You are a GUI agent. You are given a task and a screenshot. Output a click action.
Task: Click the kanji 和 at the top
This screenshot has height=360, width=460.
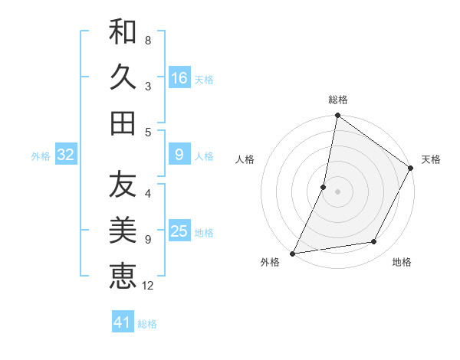pyautogui.click(x=123, y=33)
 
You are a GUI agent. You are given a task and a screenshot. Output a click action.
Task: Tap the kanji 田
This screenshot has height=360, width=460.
pyautogui.click(x=123, y=123)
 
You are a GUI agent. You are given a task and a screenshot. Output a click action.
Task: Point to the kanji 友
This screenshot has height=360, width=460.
pyautogui.click(x=123, y=185)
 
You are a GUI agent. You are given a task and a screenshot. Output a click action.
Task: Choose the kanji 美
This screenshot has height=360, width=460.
pyautogui.click(x=123, y=231)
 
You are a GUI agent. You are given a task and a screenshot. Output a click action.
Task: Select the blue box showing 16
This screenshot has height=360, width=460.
pyautogui.click(x=179, y=78)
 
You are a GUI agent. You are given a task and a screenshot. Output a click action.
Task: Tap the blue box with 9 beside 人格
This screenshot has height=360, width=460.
pyautogui.click(x=179, y=155)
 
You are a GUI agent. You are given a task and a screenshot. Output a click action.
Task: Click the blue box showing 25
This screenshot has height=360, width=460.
pyautogui.click(x=179, y=232)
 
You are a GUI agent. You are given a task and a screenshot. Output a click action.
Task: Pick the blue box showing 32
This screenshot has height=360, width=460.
pyautogui.click(x=66, y=155)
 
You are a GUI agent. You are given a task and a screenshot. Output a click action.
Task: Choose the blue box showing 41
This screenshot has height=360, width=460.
pyautogui.click(x=123, y=322)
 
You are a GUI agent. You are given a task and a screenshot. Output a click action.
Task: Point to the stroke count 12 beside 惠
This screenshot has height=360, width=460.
pyautogui.click(x=148, y=286)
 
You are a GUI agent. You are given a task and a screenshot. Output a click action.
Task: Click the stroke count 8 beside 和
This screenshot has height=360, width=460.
pyautogui.click(x=147, y=41)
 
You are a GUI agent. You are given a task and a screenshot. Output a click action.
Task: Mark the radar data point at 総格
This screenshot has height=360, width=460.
pyautogui.click(x=337, y=116)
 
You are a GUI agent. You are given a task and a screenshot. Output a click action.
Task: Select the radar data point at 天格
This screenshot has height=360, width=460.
pyautogui.click(x=411, y=169)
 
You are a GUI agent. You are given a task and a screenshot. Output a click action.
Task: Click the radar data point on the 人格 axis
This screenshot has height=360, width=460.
pyautogui.click(x=324, y=187)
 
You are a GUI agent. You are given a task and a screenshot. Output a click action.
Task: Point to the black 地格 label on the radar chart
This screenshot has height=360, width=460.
pyautogui.click(x=402, y=263)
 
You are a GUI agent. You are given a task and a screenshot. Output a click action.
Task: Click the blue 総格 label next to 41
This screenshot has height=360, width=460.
pyautogui.click(x=147, y=324)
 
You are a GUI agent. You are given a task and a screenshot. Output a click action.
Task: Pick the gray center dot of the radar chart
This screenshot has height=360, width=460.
pyautogui.click(x=337, y=191)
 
